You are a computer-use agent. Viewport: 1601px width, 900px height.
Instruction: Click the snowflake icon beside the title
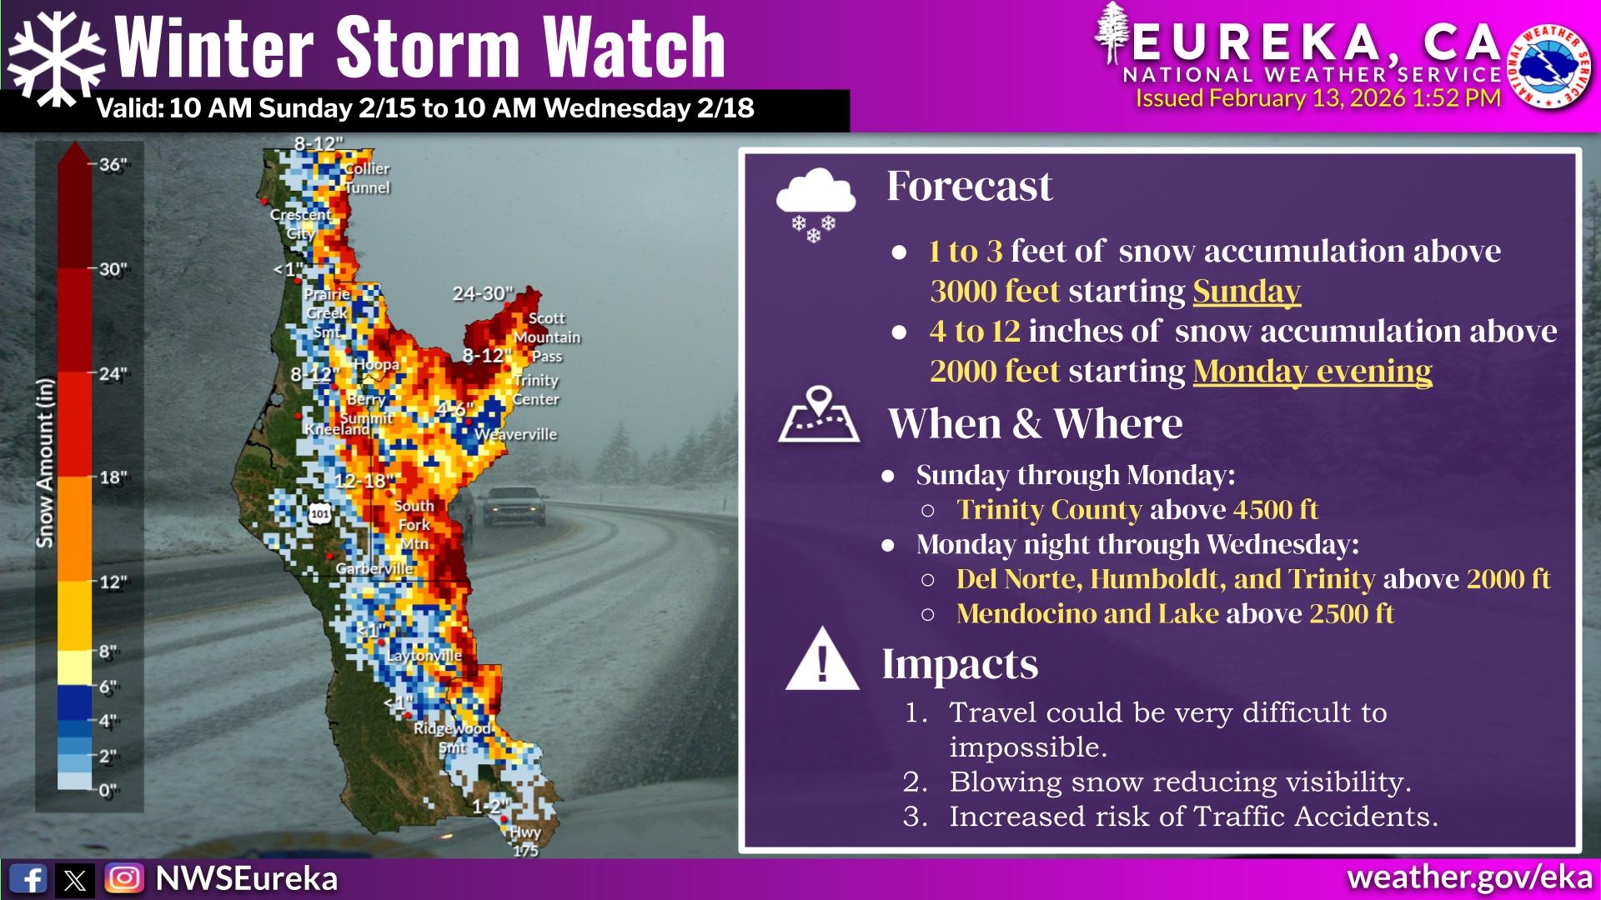pyautogui.click(x=57, y=58)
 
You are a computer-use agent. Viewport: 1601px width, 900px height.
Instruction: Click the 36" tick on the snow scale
pyautogui.click(x=113, y=164)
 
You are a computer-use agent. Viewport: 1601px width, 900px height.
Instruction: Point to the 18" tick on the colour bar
pyautogui.click(x=113, y=477)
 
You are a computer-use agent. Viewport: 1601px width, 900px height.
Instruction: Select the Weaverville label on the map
pyautogui.click(x=515, y=434)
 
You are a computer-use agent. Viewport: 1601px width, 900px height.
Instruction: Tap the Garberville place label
pyautogui.click(x=374, y=568)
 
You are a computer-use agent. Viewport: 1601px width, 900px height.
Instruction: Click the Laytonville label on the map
pyautogui.click(x=424, y=656)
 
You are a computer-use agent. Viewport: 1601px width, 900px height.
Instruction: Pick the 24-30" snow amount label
pyautogui.click(x=483, y=293)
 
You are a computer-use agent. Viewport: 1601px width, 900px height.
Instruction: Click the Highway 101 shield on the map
pyautogui.click(x=320, y=513)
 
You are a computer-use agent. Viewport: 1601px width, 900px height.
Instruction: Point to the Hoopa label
pyautogui.click(x=377, y=365)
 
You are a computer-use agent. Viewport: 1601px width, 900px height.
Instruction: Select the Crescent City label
pyautogui.click(x=300, y=224)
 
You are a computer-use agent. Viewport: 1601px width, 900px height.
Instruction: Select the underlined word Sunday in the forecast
pyautogui.click(x=1247, y=292)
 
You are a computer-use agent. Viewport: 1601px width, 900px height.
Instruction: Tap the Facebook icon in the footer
pyautogui.click(x=28, y=879)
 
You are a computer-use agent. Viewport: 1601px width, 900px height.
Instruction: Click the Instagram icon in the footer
pyautogui.click(x=124, y=878)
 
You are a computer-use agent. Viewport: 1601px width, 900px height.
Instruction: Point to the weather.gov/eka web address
pyautogui.click(x=1469, y=878)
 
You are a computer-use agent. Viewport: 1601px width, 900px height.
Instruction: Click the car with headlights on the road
pyautogui.click(x=514, y=506)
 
